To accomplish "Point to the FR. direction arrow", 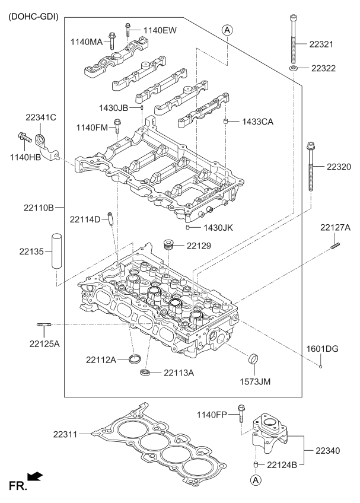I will coord(36,476).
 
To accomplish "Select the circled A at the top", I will coord(227,29).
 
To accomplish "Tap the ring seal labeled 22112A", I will coord(136,358).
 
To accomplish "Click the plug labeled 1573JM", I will coord(253,359).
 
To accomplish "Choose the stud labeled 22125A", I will coord(44,324).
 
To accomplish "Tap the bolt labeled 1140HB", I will coord(24,137).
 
